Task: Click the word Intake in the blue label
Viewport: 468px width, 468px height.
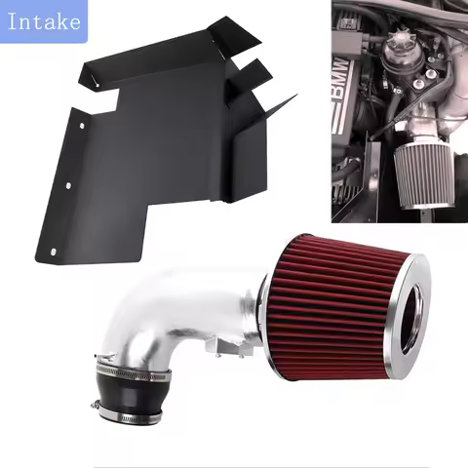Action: [43, 20]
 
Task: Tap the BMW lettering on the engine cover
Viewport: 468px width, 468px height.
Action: [358, 98]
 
